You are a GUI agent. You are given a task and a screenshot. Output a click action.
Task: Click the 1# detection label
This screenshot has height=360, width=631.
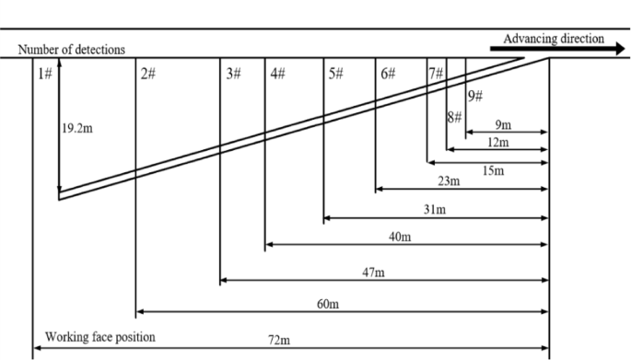[45, 74]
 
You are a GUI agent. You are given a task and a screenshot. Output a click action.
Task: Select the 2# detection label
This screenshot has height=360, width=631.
[147, 74]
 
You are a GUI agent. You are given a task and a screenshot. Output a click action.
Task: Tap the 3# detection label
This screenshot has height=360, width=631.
[233, 74]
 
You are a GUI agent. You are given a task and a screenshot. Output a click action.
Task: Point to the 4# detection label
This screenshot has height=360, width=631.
[278, 74]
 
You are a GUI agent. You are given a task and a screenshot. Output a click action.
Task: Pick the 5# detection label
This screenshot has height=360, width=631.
[335, 74]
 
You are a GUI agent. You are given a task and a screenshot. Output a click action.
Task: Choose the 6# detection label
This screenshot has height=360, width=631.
[388, 74]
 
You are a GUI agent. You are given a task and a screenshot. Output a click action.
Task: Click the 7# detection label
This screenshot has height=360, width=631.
[436, 74]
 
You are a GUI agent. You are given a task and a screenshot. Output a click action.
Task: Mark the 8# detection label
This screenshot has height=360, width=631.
[454, 117]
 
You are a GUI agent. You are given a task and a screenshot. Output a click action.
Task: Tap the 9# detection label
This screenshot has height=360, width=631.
[475, 97]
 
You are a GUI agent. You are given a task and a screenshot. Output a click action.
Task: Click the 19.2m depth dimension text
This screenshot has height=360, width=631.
[77, 129]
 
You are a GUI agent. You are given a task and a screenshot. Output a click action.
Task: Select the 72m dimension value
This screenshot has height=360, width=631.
[280, 341]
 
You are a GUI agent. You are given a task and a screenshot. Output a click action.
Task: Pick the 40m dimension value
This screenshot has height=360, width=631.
[400, 238]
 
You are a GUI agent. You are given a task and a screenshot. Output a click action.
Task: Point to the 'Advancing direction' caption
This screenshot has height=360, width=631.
[554, 39]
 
